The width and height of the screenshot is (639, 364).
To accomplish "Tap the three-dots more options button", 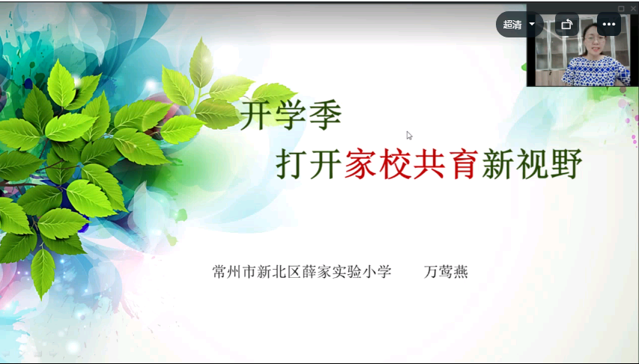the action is click(609, 25).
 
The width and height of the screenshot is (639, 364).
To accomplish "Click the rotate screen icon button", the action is click(566, 25).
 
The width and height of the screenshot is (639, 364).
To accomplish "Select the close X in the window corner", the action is click(633, 8).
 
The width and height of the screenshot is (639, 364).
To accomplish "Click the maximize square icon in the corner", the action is click(621, 8).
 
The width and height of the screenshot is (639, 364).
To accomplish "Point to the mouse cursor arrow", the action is click(409, 136).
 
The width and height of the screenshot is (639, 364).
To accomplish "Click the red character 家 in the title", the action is click(360, 164).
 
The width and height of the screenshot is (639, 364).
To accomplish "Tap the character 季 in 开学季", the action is click(325, 115).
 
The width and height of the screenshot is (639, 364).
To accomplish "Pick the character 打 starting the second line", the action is click(292, 164).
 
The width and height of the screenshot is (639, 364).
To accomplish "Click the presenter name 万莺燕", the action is click(446, 271).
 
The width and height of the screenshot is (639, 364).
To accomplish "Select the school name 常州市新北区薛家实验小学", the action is click(302, 271).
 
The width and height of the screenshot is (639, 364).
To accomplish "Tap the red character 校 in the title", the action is click(395, 164).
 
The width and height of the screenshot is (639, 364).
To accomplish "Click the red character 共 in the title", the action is click(429, 164).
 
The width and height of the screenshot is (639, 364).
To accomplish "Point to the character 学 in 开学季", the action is click(291, 115).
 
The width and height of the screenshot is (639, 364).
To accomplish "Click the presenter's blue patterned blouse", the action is click(596, 71).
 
